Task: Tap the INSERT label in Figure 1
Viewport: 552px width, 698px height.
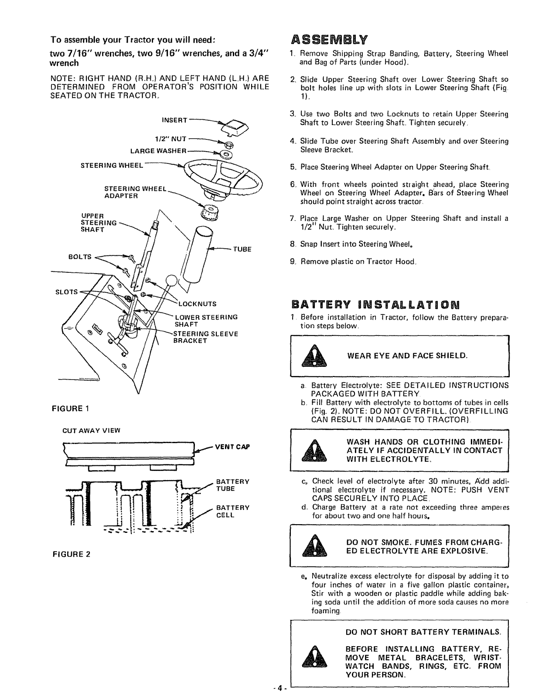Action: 174,120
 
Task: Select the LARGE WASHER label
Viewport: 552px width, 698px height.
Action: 159,151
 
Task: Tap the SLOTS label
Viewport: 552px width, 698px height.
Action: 66,291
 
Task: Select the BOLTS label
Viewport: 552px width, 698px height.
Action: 80,257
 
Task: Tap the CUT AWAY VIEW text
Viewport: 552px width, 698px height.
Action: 91,430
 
